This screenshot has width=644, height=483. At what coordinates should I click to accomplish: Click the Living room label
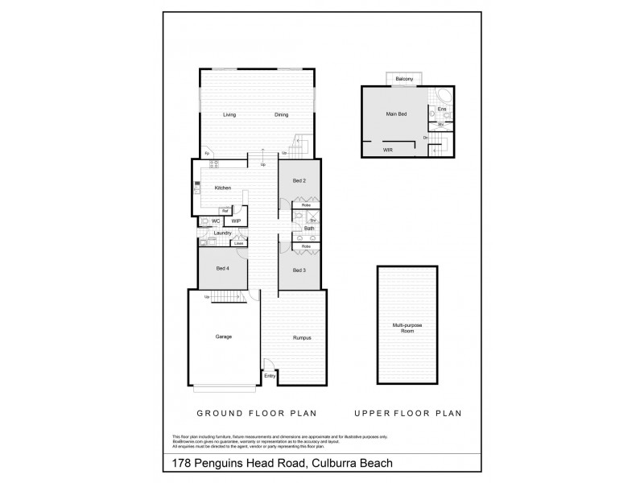click(x=229, y=115)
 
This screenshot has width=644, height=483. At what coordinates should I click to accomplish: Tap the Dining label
click(x=281, y=115)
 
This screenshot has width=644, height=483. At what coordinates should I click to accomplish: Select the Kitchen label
click(x=223, y=188)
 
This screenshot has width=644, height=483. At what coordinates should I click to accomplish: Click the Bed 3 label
click(x=298, y=269)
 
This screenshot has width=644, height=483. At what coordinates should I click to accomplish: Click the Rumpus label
click(x=302, y=337)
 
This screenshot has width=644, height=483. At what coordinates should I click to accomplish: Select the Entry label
click(x=269, y=376)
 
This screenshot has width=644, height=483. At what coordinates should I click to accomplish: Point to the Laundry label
click(x=223, y=233)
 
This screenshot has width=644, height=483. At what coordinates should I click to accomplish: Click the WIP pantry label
click(x=236, y=220)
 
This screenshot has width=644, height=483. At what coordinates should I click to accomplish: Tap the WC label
click(x=216, y=220)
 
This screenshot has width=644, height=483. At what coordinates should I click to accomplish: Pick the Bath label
click(x=309, y=229)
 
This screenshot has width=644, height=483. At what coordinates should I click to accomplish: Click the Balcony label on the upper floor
click(x=404, y=78)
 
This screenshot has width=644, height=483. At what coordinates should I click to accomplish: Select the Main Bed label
click(x=397, y=114)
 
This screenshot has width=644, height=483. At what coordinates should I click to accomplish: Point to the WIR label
click(x=387, y=150)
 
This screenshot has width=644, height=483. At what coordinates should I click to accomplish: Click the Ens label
click(x=440, y=109)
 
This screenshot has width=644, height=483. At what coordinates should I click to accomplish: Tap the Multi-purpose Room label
click(x=407, y=328)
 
